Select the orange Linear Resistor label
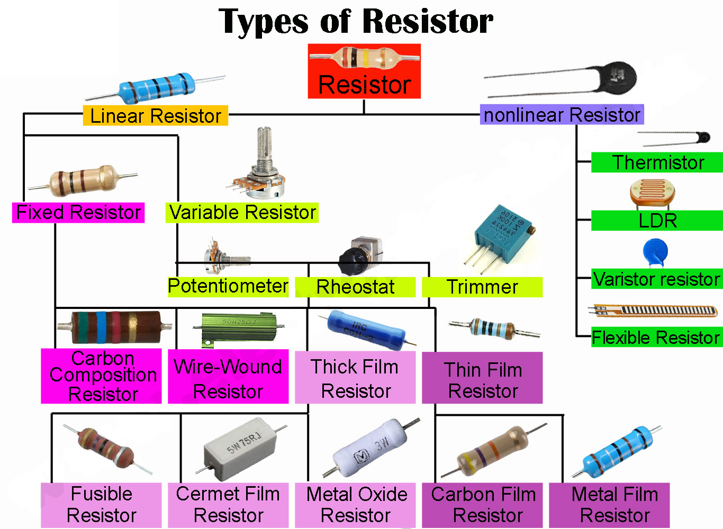pyautogui.click(x=155, y=115)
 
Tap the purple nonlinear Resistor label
pyautogui.click(x=562, y=114)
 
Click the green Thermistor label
pyautogui.click(x=657, y=162)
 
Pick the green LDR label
pyautogui.click(x=657, y=221)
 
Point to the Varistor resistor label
pyautogui.click(x=656, y=279)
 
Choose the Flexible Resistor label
pyautogui.click(x=656, y=337)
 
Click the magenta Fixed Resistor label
pyautogui.click(x=78, y=212)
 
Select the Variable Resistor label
pyautogui.click(x=242, y=212)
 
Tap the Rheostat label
pyautogui.click(x=355, y=287)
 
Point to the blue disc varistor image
pyautogui.click(x=655, y=251)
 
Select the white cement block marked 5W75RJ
pyautogui.click(x=241, y=448)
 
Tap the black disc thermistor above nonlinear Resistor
pyautogui.click(x=617, y=79)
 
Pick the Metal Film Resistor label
pyautogui.click(x=614, y=505)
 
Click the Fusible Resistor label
pyautogui.click(x=101, y=505)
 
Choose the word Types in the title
pyautogui.click(x=263, y=22)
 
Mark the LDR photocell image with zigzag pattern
pyautogui.click(x=652, y=193)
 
